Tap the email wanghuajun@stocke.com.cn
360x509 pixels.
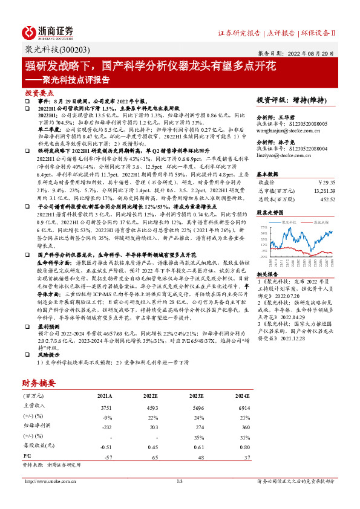tap(284, 128)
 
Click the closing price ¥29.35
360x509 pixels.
tap(326, 181)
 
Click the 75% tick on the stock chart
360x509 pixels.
tap(263, 227)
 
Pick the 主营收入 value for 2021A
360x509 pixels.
tap(103, 408)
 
